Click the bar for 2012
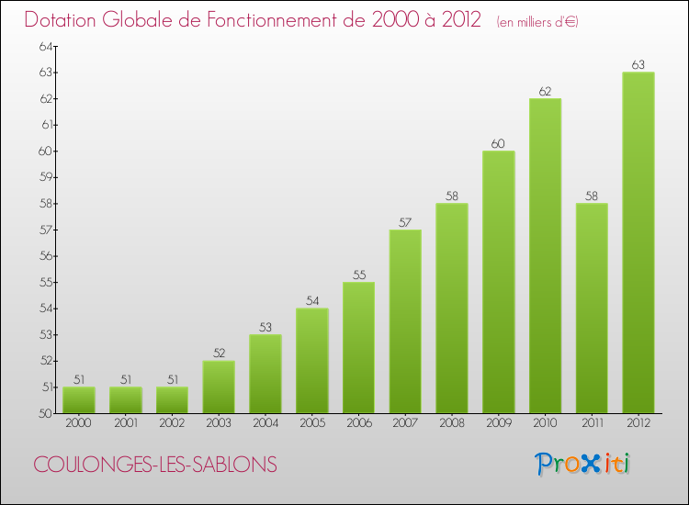pyautogui.click(x=638, y=242)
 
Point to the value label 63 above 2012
pyautogui.click(x=638, y=64)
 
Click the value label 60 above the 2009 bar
pyautogui.click(x=498, y=143)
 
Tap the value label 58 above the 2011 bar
pyautogui.click(x=592, y=196)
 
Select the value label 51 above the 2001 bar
pyautogui.click(x=125, y=379)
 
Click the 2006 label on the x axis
pyautogui.click(x=358, y=424)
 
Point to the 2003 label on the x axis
pyautogui.click(x=219, y=424)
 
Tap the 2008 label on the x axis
pyautogui.click(x=452, y=424)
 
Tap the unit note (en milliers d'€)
pyautogui.click(x=537, y=21)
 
